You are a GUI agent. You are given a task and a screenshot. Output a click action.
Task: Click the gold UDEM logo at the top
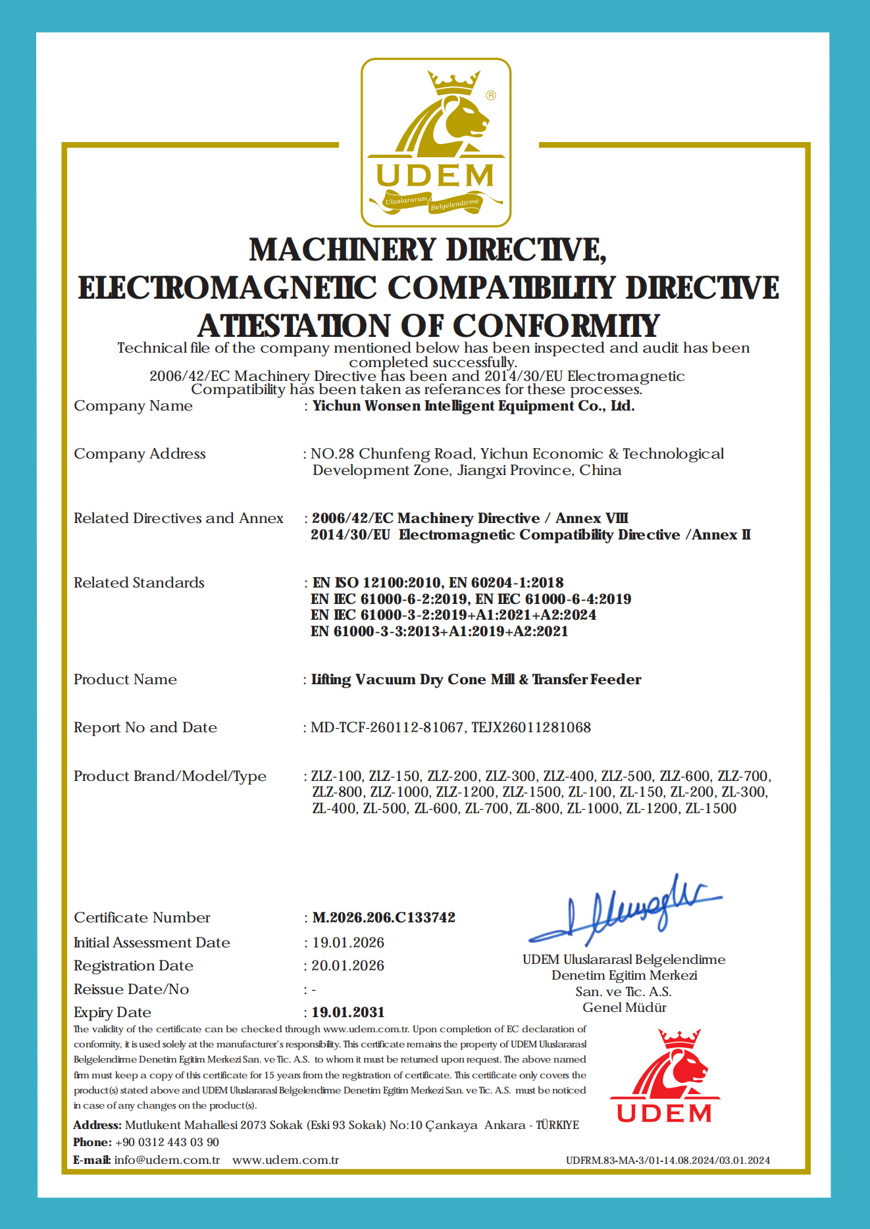(x=436, y=143)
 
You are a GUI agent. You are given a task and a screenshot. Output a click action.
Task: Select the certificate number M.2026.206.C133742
(x=384, y=917)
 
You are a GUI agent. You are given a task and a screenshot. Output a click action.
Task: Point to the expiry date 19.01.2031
(x=348, y=1012)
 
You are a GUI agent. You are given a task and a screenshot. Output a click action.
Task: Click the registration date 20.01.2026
(x=348, y=965)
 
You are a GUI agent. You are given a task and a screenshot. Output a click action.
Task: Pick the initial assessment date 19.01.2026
(x=348, y=942)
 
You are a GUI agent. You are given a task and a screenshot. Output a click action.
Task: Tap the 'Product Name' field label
(x=125, y=679)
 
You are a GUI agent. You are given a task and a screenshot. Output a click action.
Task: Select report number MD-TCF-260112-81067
(x=387, y=727)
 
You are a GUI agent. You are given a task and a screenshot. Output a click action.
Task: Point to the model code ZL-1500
(x=711, y=809)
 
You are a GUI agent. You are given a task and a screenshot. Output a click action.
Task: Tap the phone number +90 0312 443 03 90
(x=166, y=1142)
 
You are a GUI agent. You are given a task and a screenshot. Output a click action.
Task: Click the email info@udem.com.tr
(x=166, y=1160)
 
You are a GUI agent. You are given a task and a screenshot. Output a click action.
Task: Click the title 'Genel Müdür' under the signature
(x=624, y=1007)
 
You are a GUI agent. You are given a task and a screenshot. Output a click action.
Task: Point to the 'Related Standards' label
(x=139, y=582)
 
